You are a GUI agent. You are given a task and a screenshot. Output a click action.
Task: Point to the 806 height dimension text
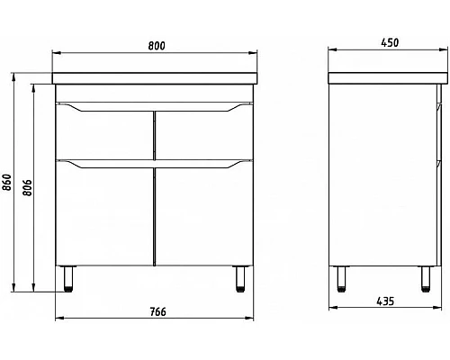[x=27, y=185]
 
